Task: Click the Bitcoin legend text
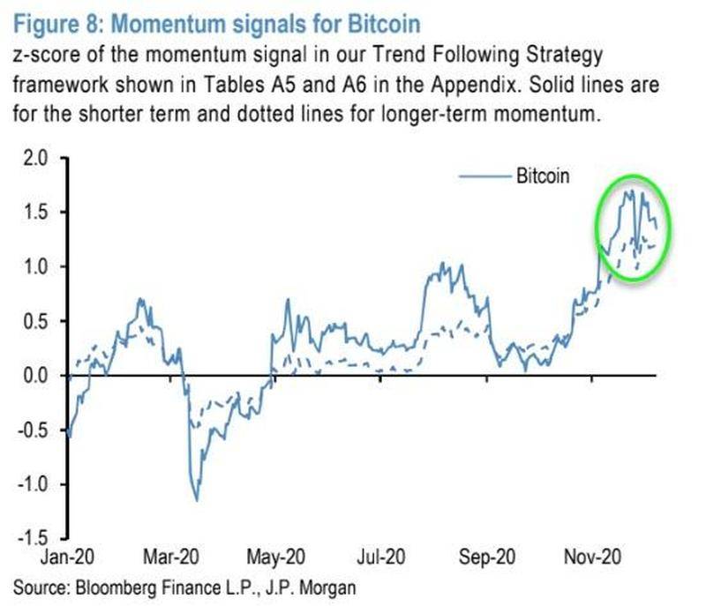coord(543,176)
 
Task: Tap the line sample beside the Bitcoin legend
coord(484,176)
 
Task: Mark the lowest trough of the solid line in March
coord(196,500)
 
